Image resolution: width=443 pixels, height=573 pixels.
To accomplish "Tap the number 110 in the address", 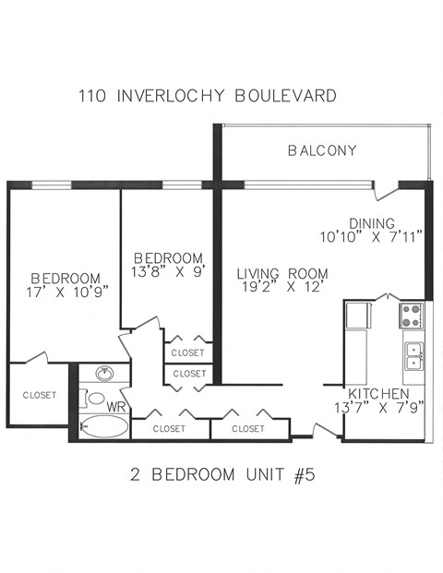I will (91, 95).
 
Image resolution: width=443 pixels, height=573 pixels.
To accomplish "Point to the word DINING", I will (372, 223).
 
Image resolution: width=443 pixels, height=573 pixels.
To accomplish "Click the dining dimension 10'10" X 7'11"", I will (370, 237).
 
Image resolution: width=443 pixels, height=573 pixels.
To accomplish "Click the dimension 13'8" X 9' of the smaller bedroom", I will (168, 271).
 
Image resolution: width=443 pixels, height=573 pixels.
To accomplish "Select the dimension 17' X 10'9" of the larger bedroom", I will (65, 292).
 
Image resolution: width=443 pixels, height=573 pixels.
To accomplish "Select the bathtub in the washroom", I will (103, 427).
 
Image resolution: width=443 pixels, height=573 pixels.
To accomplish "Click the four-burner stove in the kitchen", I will (411, 316).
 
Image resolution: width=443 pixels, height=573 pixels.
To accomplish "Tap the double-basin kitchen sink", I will (413, 355).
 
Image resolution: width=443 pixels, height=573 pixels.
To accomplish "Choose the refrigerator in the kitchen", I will (358, 316).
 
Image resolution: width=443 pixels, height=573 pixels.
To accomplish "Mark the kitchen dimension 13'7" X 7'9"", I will (378, 407).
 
